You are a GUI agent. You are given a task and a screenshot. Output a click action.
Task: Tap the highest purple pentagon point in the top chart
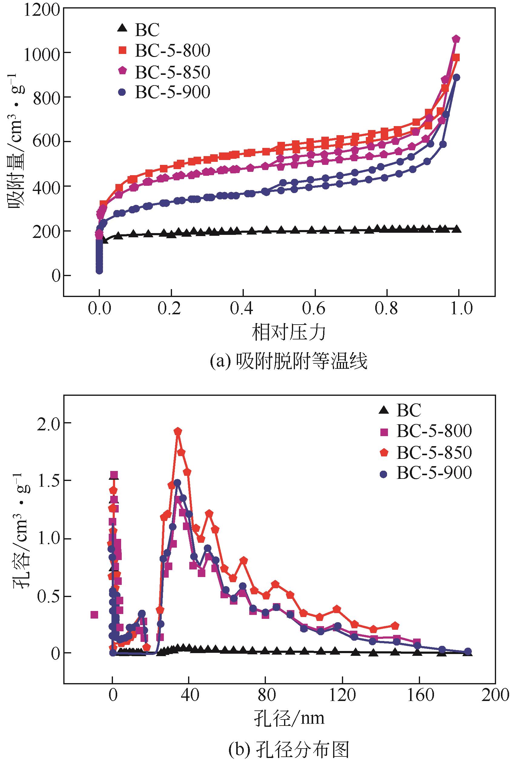(x=456, y=39)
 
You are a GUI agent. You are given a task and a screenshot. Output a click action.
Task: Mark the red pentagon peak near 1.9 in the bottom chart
(x=177, y=432)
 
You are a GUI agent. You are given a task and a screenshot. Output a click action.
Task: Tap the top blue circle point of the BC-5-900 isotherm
(x=456, y=78)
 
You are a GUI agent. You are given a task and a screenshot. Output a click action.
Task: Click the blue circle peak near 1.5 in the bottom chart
(x=177, y=483)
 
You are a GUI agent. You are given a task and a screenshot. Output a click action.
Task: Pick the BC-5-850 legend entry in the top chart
(x=172, y=72)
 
